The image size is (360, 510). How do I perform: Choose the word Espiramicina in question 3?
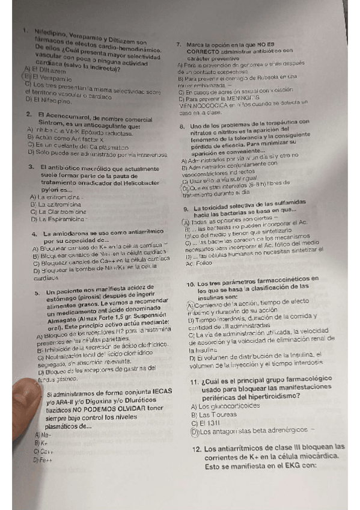click(x=60, y=218)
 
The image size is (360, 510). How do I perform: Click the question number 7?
click(x=178, y=45)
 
